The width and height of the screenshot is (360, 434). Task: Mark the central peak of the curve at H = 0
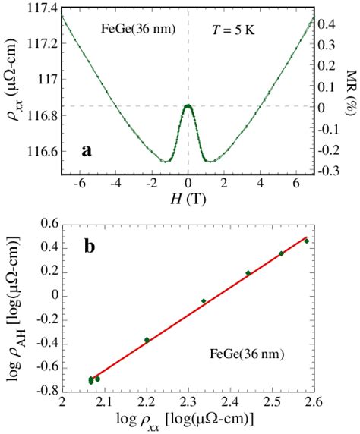[x=188, y=106]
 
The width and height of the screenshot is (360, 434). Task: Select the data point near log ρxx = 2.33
[x=204, y=301]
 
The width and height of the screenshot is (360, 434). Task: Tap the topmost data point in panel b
[x=307, y=241]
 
